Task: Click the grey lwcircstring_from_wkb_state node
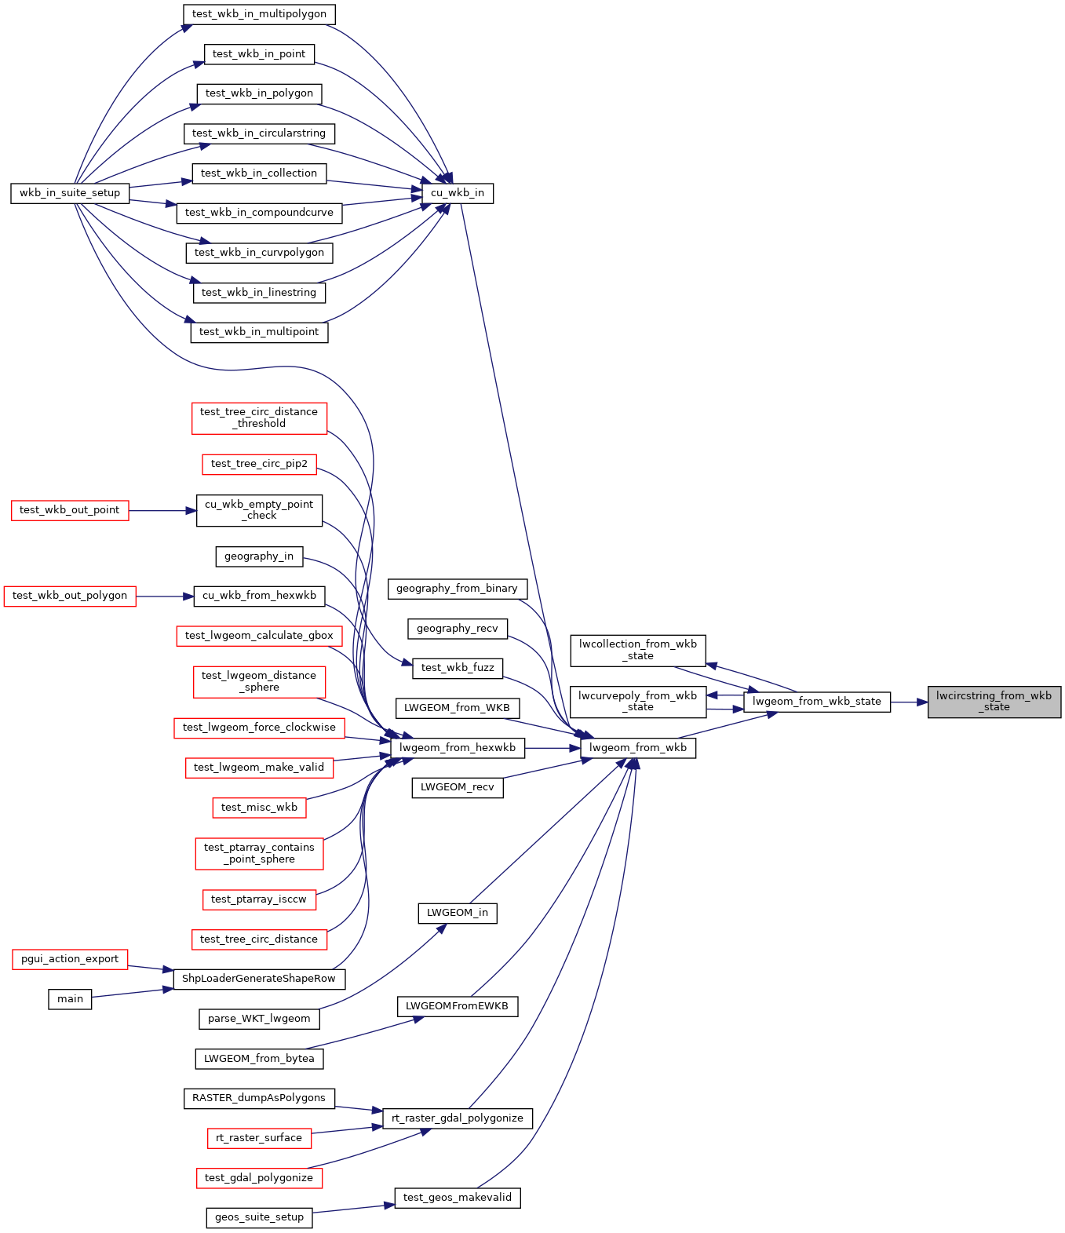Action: click(x=994, y=702)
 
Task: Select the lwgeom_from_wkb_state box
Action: click(x=817, y=702)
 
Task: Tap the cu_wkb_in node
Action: click(x=458, y=193)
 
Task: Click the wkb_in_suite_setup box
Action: click(x=70, y=193)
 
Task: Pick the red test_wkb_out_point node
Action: click(x=70, y=510)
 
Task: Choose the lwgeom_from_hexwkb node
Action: click(x=458, y=747)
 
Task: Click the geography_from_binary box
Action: click(x=458, y=589)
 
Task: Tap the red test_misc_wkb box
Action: click(x=260, y=807)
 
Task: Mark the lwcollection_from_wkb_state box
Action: click(x=638, y=650)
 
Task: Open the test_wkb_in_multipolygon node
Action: click(x=259, y=14)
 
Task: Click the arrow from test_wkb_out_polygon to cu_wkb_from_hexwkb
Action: click(x=166, y=596)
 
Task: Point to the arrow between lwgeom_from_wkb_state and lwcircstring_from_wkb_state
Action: click(x=910, y=702)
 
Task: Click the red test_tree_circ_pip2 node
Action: click(x=260, y=464)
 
